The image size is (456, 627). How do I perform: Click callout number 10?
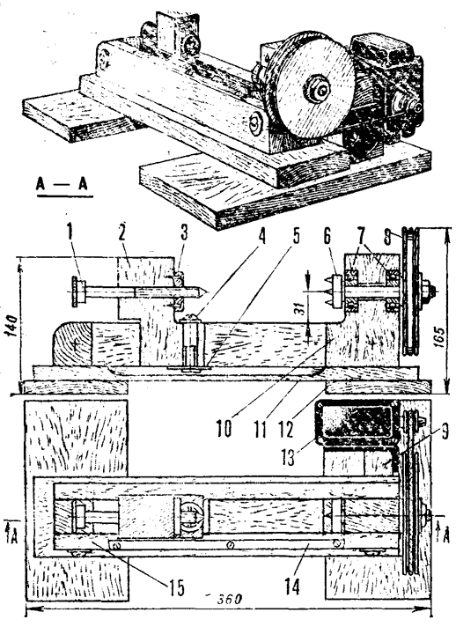[224, 429]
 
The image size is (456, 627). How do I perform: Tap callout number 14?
[292, 587]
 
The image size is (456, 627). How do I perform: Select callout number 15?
[176, 587]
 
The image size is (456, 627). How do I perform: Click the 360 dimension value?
[230, 599]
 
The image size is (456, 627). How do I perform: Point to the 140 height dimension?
[12, 326]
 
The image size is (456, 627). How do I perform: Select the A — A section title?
[62, 184]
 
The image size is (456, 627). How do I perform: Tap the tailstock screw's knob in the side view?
[77, 291]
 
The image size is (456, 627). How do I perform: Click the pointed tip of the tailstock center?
[205, 291]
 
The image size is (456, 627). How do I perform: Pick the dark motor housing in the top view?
[357, 423]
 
